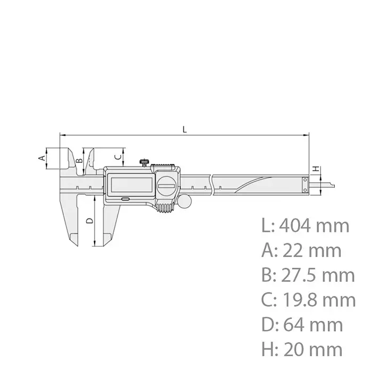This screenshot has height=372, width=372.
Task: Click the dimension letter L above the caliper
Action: pyautogui.click(x=184, y=129)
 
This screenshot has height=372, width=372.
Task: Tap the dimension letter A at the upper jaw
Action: pyautogui.click(x=40, y=158)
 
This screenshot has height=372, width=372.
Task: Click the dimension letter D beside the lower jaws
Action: pyautogui.click(x=89, y=219)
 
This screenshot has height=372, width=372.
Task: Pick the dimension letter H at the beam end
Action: pyautogui.click(x=316, y=169)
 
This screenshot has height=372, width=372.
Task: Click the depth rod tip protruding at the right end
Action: pyautogui.click(x=328, y=184)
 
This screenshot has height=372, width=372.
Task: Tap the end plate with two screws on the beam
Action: pyautogui.click(x=305, y=184)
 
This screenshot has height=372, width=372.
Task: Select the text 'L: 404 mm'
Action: pyautogui.click(x=306, y=225)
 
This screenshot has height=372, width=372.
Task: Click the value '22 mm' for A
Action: pyautogui.click(x=314, y=250)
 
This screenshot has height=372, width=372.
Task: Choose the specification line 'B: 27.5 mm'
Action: pyautogui.click(x=308, y=275)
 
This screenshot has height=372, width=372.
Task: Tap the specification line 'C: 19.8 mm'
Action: pyautogui.click(x=309, y=300)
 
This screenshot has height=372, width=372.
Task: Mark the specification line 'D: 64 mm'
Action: pyautogui.click(x=302, y=325)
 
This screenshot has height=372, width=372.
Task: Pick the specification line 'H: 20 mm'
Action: pyautogui.click(x=302, y=349)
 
